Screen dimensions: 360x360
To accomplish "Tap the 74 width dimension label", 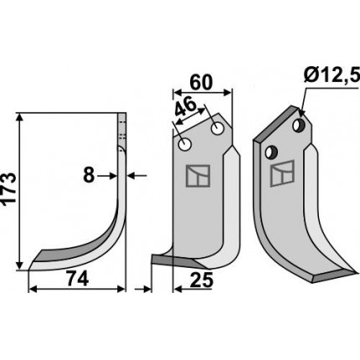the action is [x=78, y=280].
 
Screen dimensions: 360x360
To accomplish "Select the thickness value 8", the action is [x=89, y=176].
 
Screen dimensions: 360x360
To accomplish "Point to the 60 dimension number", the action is [x=201, y=83].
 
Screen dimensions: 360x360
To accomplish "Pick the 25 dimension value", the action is [x=202, y=280].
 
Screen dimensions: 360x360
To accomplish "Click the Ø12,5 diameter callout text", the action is [x=331, y=75].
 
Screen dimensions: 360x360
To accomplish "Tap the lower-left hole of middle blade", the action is [x=184, y=145].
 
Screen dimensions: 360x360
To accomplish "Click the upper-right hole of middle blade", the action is [x=218, y=128].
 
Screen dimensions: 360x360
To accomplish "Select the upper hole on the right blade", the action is [x=298, y=125].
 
